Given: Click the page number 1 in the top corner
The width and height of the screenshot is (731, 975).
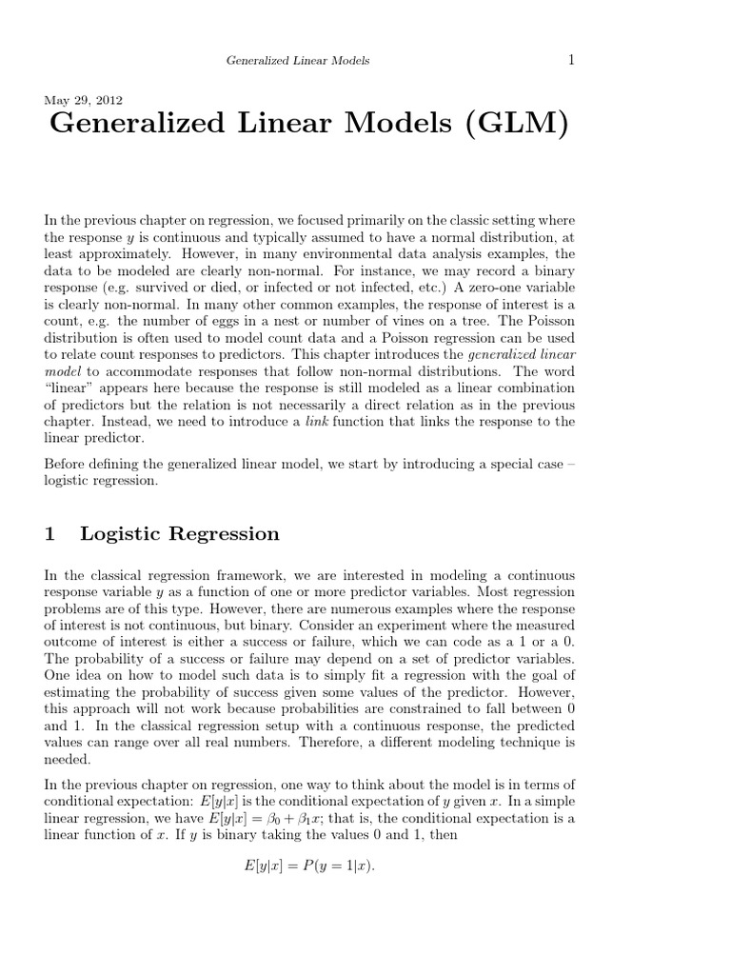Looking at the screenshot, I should pos(571,60).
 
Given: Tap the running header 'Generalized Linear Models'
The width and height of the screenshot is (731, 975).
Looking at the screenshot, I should pos(297,61).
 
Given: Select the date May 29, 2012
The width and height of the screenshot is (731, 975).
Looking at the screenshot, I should pos(83,99).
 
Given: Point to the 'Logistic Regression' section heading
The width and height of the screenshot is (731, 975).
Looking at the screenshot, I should pos(180,534).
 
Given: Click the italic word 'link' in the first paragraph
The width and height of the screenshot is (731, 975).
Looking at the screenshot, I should pos(317,422).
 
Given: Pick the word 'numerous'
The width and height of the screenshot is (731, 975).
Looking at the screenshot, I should pos(397,608).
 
